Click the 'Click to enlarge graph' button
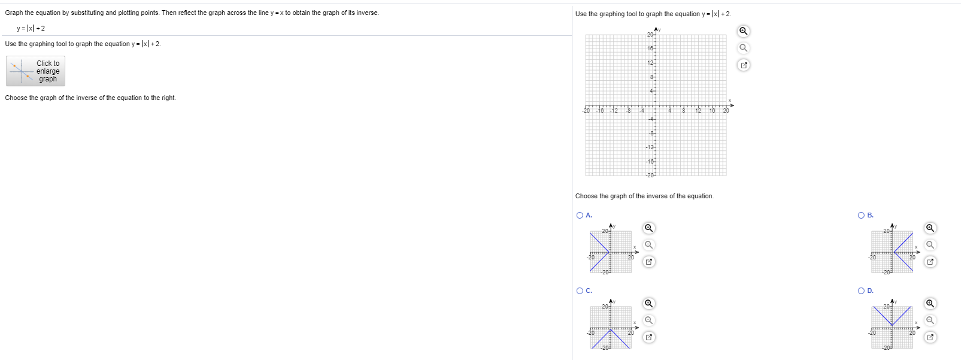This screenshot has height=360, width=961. (35, 71)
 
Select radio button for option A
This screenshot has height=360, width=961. (580, 216)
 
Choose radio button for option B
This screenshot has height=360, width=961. (861, 216)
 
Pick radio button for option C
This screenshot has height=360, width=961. (580, 291)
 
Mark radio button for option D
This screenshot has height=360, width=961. (861, 291)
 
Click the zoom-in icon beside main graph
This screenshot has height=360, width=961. (743, 31)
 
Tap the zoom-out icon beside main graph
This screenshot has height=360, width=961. (743, 48)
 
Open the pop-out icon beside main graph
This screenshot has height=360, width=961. (743, 65)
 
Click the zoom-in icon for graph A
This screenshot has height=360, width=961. (648, 228)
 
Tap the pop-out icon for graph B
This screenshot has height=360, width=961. (930, 262)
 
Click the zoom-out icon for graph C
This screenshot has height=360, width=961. (648, 320)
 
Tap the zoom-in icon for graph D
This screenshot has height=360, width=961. (930, 304)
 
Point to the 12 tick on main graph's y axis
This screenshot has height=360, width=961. (650, 63)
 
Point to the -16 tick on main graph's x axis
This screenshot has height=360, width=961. (600, 111)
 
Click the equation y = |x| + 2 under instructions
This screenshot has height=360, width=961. (31, 28)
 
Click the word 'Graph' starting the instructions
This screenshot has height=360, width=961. (13, 13)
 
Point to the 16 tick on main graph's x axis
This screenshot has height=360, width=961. (712, 111)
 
